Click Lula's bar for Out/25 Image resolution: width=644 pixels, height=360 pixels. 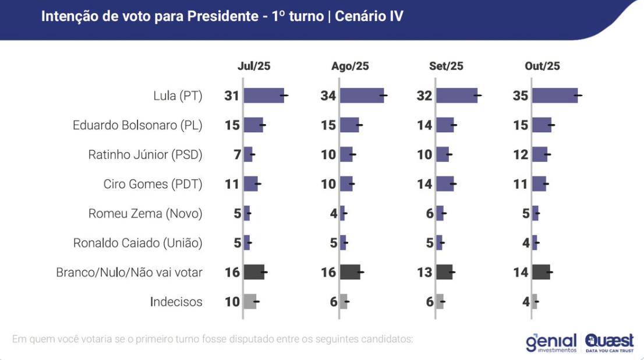[554, 96]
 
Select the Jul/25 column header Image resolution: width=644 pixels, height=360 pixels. [254, 66]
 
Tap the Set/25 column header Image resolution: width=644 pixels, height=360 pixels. [446, 66]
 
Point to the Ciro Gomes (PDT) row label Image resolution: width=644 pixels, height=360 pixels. [153, 184]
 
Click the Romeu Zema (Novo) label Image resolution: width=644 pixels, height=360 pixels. [145, 214]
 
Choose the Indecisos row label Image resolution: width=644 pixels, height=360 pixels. [176, 302]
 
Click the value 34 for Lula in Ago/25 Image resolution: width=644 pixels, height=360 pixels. [328, 96]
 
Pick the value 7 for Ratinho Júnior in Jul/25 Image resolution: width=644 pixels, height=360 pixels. [236, 155]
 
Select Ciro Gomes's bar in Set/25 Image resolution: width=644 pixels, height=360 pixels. [445, 184]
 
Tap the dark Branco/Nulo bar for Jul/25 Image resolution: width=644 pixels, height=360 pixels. [254, 272]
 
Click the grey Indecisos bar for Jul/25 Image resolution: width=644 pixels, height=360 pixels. [250, 302]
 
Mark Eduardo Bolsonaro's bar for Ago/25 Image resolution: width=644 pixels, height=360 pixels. [349, 125]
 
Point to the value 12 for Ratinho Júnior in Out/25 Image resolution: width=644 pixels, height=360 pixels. [521, 155]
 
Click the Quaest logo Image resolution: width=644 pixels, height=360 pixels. [609, 342]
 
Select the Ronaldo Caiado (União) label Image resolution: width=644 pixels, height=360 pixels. [137, 243]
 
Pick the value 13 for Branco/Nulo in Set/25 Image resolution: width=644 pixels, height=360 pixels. [424, 272]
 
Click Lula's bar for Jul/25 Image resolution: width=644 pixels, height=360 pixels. [264, 96]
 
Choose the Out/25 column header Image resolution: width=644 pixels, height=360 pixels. [542, 66]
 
